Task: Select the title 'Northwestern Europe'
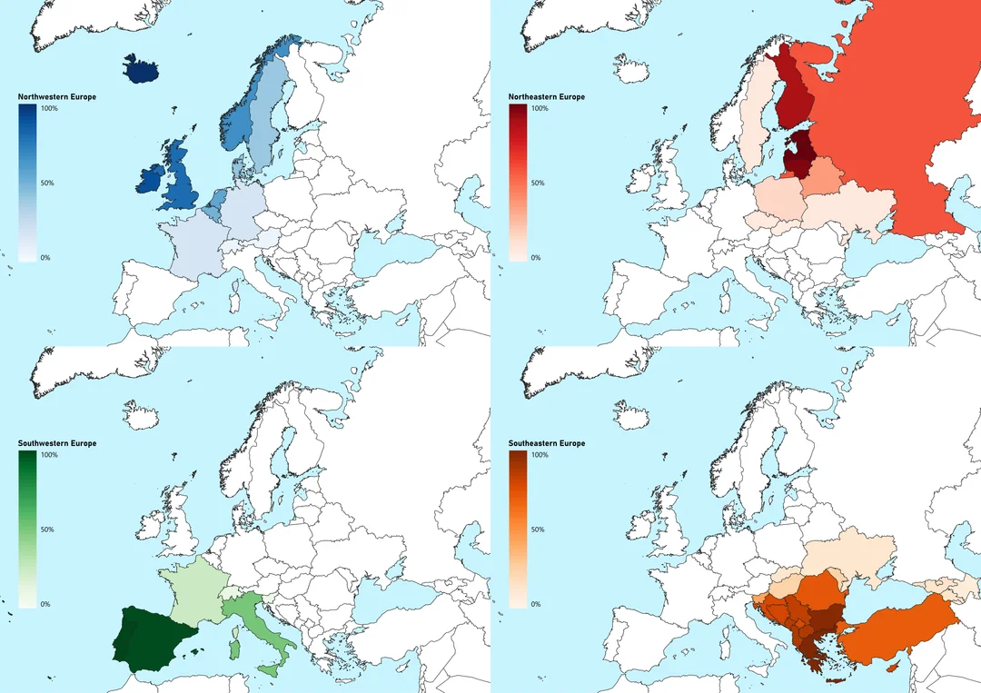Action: click(x=57, y=97)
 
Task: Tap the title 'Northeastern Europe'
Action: click(x=547, y=97)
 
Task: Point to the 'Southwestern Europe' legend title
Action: click(x=57, y=444)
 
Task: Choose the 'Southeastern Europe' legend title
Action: click(x=547, y=444)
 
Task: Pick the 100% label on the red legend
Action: click(x=540, y=109)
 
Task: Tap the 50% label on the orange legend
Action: click(x=539, y=530)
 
